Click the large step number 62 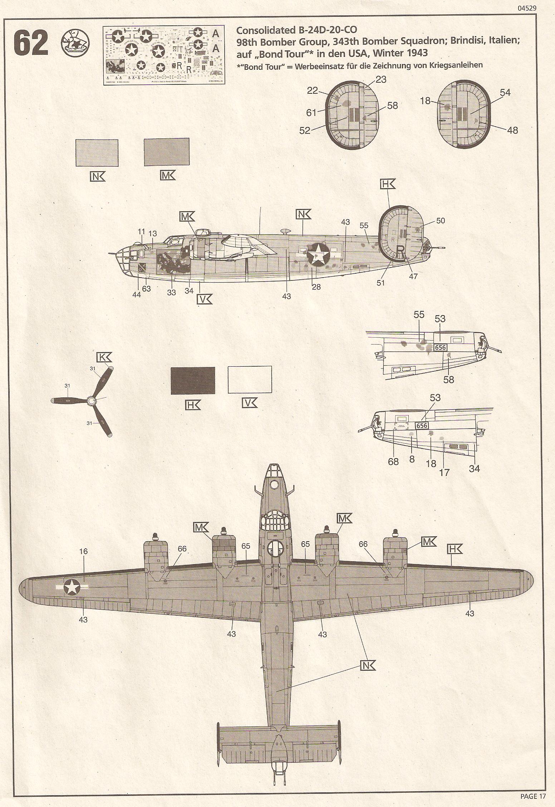click(x=31, y=43)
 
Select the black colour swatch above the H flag click(x=193, y=381)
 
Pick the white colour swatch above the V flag click(x=250, y=380)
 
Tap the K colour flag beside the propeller click(x=104, y=357)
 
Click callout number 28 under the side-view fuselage click(x=316, y=287)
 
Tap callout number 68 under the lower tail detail click(x=393, y=461)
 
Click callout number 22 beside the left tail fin click(x=313, y=91)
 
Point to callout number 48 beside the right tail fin click(x=512, y=130)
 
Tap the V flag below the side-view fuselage click(x=205, y=299)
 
